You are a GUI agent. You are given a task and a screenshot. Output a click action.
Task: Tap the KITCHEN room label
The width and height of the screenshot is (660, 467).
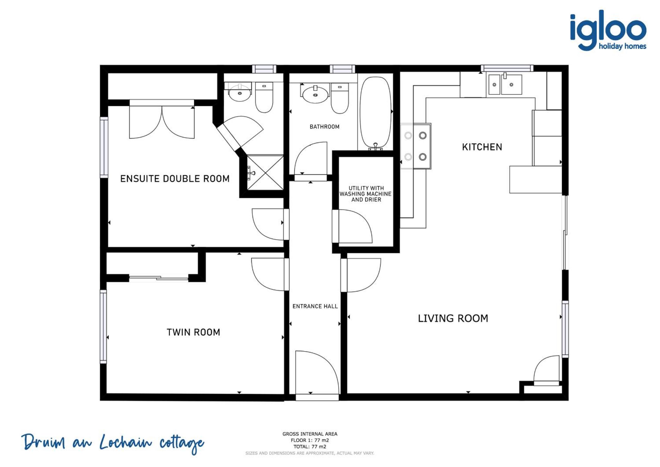482,147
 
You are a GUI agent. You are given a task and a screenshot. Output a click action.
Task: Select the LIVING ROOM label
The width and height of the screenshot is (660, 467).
453,318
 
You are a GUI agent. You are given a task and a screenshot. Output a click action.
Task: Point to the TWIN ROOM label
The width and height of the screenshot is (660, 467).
193,332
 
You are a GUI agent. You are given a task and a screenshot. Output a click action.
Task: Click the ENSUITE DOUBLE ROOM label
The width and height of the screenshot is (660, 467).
175,179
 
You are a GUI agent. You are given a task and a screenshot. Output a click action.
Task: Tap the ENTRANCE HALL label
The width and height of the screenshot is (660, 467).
315,306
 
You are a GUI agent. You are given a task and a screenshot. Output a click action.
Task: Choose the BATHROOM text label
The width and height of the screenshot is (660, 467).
324,126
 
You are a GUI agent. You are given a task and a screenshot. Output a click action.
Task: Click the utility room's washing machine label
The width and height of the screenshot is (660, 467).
366,194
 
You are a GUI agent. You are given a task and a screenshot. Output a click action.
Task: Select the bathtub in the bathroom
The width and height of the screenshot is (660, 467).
376,113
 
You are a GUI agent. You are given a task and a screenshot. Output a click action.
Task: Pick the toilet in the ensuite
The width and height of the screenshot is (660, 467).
264,97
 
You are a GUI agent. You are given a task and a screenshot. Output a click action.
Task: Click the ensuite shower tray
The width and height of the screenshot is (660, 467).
265,173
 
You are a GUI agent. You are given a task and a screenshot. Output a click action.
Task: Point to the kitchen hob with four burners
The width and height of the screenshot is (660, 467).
416,146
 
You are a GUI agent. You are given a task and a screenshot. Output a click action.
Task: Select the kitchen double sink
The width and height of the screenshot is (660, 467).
504,84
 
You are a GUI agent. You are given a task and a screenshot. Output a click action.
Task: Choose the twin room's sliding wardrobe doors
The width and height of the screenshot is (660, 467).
159,278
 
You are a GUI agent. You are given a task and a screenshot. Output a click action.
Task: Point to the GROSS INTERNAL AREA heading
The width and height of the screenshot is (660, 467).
310,434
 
